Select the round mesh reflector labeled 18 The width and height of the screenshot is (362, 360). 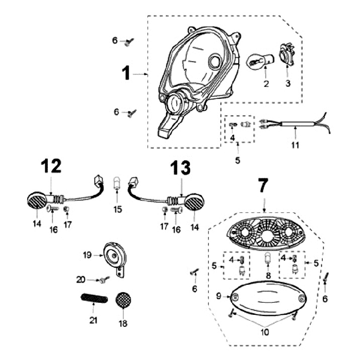tap(123, 302)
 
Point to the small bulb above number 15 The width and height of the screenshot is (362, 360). tap(117, 182)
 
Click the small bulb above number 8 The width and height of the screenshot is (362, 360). tap(268, 259)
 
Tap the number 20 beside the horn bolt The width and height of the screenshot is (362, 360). tap(80, 279)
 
